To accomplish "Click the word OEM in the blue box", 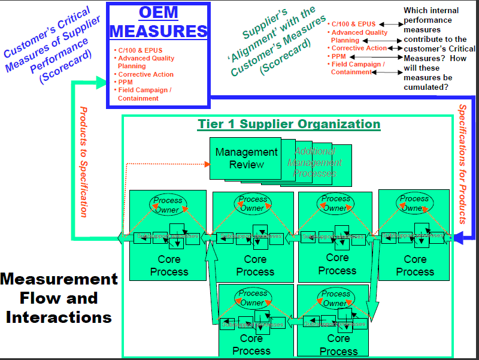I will [159, 12].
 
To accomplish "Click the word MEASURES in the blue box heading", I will [159, 31].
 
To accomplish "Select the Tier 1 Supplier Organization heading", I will [289, 124].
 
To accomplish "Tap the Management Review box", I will [246, 158].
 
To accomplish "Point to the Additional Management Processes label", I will [315, 162].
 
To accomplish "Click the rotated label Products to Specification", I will [84, 162].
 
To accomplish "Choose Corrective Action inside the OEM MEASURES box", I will [145, 74].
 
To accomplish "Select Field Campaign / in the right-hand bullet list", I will [358, 64].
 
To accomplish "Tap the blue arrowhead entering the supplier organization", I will [458, 238].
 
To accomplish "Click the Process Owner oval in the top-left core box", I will [168, 204].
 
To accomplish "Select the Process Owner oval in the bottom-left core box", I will [253, 298].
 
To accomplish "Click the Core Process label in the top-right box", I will [414, 265].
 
